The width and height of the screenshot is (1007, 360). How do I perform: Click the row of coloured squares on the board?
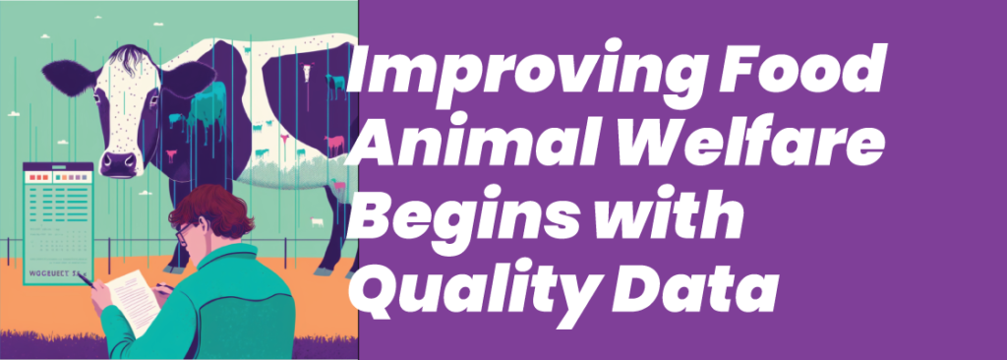[x=55, y=177]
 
